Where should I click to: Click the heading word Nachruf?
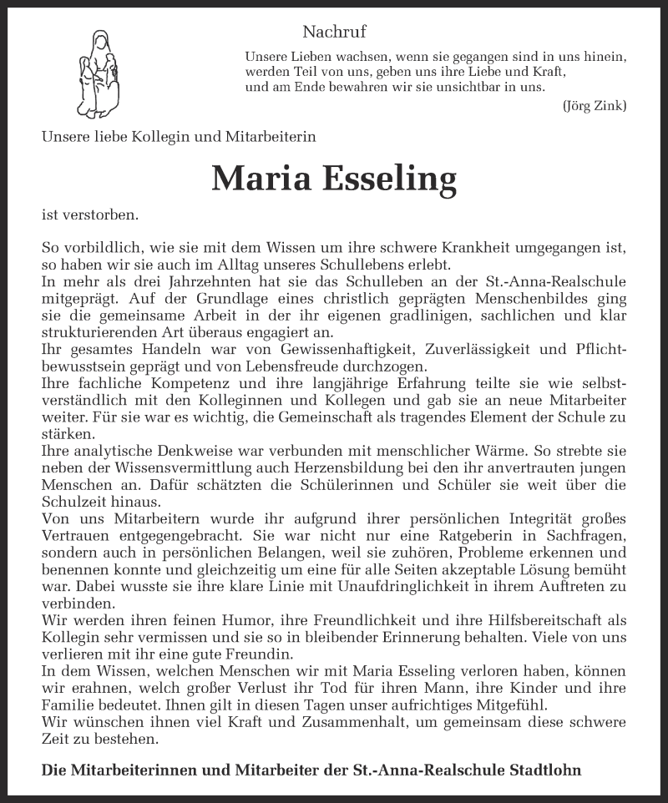(x=334, y=33)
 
